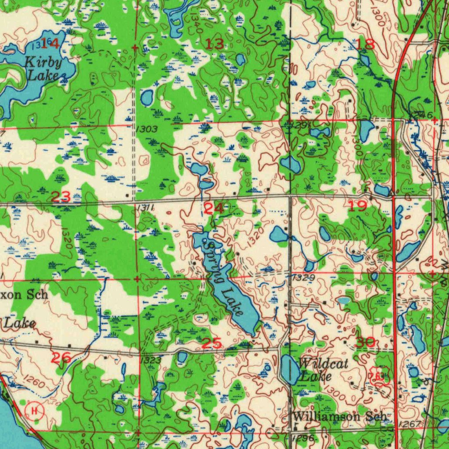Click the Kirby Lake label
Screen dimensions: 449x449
coord(43,68)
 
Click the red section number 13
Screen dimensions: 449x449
coord(214,43)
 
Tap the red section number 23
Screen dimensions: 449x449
coord(61,197)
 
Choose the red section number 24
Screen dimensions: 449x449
coord(214,208)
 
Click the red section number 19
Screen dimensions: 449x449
coord(357,206)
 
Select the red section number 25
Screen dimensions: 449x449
coord(212,343)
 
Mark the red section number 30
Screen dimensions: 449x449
coord(365,342)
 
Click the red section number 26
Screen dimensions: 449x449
coord(61,358)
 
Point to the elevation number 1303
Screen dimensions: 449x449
coord(146,129)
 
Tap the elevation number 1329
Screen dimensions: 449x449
coord(303,278)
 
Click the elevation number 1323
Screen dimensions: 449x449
coord(151,360)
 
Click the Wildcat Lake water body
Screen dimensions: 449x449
coord(289,368)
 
